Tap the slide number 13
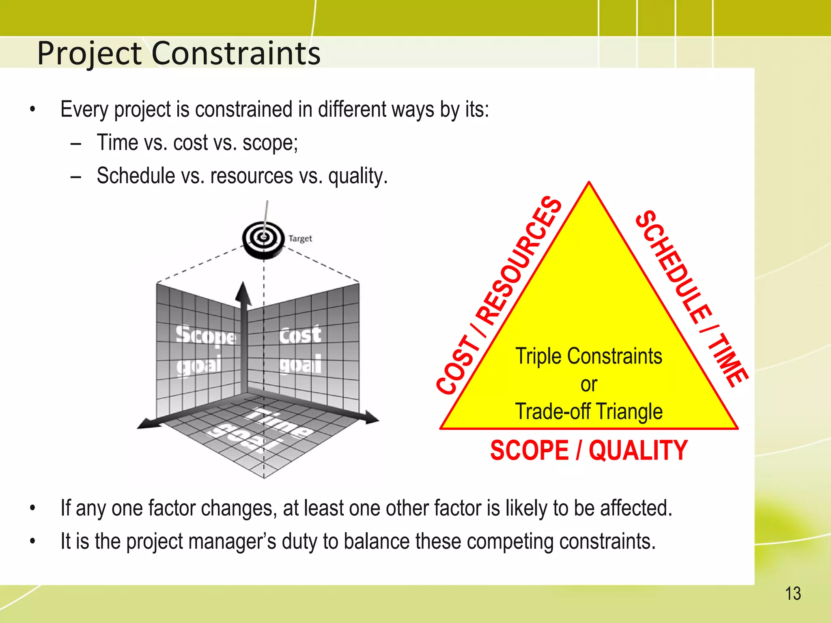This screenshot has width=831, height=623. click(793, 594)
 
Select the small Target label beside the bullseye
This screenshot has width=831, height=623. click(300, 238)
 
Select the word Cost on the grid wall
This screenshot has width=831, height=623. click(300, 335)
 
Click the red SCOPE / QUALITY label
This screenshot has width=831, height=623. click(589, 450)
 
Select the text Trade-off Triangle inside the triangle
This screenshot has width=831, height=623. click(589, 411)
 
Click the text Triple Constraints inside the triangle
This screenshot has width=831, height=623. click(589, 356)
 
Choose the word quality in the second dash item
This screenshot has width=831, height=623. click(358, 176)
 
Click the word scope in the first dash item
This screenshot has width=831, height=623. click(270, 143)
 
